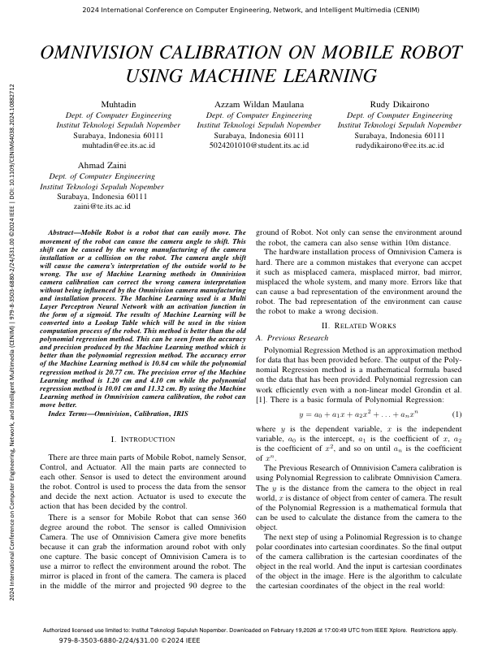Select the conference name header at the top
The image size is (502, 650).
251,12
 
